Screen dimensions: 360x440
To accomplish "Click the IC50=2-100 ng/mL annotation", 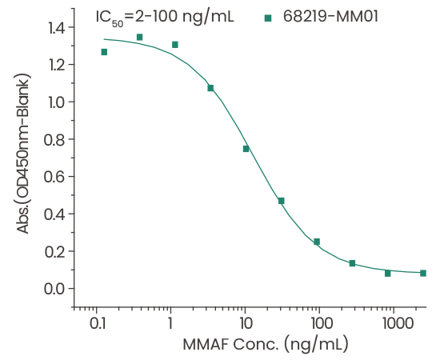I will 164,16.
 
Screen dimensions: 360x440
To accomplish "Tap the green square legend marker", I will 268,17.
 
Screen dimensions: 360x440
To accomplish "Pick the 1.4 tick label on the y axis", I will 54,28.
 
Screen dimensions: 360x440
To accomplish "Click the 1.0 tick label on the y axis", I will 54,102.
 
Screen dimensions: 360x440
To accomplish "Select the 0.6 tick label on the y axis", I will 54,177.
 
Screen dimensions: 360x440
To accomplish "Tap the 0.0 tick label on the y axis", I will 54,289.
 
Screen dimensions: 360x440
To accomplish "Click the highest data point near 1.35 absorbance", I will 139,37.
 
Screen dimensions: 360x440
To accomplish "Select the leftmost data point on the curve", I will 104,52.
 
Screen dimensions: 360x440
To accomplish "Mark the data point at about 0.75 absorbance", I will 246,149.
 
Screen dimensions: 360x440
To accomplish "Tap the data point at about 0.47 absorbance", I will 281,201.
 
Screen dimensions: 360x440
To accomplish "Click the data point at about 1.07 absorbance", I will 210,88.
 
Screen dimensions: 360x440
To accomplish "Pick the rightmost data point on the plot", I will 422,273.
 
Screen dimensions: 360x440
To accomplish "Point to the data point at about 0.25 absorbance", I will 317,242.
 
